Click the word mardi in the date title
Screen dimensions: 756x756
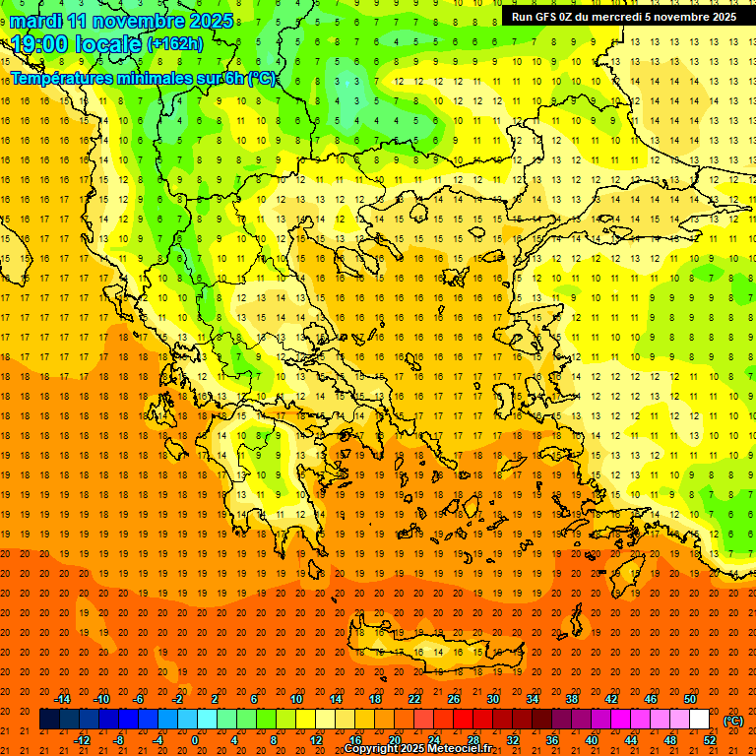tap(33, 21)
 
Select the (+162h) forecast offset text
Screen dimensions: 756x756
tap(174, 44)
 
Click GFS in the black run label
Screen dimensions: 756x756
tap(548, 17)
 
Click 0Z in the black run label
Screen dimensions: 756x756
tap(569, 17)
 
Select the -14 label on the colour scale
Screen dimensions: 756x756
tap(63, 699)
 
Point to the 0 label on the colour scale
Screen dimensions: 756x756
tap(195, 740)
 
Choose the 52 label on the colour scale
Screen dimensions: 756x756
tap(710, 740)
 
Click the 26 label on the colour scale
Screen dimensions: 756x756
tap(453, 699)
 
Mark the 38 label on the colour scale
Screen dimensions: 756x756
tap(572, 699)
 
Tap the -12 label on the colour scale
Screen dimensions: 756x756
tap(82, 740)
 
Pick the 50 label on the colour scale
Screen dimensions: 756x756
tap(690, 699)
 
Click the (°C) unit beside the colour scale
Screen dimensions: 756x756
tap(733, 721)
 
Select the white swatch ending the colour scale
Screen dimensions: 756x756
tap(699, 720)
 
